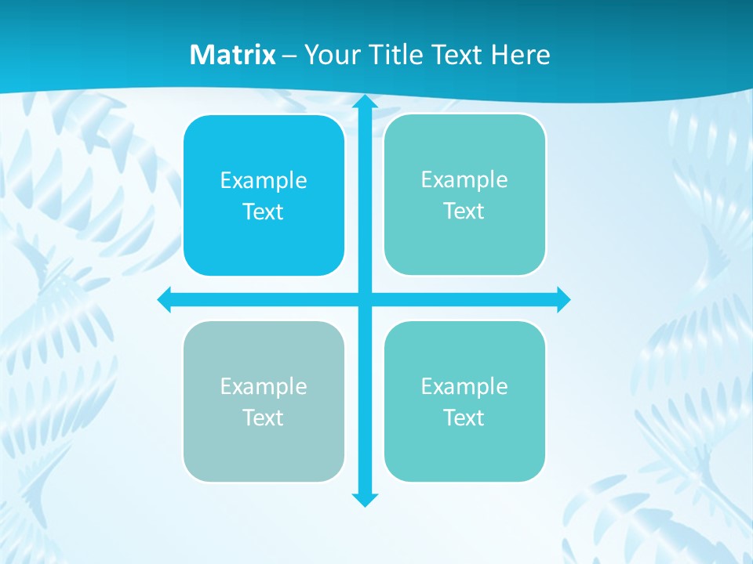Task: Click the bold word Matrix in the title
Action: (x=233, y=55)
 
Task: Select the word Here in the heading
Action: (x=520, y=55)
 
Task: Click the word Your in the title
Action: (x=327, y=55)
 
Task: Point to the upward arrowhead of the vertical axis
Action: (x=365, y=102)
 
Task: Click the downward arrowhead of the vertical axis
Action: (x=365, y=499)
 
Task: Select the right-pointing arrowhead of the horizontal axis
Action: (x=562, y=299)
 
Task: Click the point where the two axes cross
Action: (x=365, y=299)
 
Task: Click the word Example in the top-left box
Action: (x=264, y=181)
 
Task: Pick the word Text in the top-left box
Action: (x=264, y=212)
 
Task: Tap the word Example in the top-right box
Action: (x=464, y=180)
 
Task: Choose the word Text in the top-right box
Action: (x=464, y=211)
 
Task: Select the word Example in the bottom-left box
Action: (x=264, y=387)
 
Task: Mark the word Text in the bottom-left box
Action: (x=264, y=418)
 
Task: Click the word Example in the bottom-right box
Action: (x=464, y=387)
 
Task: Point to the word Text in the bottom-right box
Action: (x=464, y=418)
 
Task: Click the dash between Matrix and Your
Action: (x=289, y=56)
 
